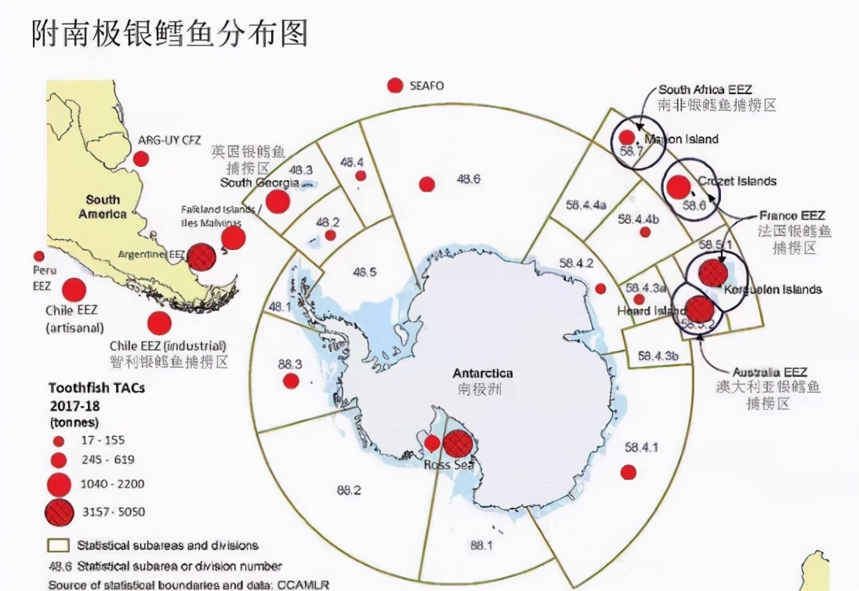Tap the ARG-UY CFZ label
coord(170,140)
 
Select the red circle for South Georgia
coord(277,201)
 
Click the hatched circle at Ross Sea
coord(458,444)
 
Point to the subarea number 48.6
coord(468,179)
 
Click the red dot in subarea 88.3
coord(291,381)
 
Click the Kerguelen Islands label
coord(773,289)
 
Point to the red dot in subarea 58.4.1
coord(628,472)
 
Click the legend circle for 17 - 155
coord(58,440)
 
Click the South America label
coord(103,207)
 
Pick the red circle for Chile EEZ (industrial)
coord(159,323)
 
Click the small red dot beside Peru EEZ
coord(38,256)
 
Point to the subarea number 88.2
coord(349,491)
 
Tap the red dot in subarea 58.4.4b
coord(645,232)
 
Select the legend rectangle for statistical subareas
coord(59,545)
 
